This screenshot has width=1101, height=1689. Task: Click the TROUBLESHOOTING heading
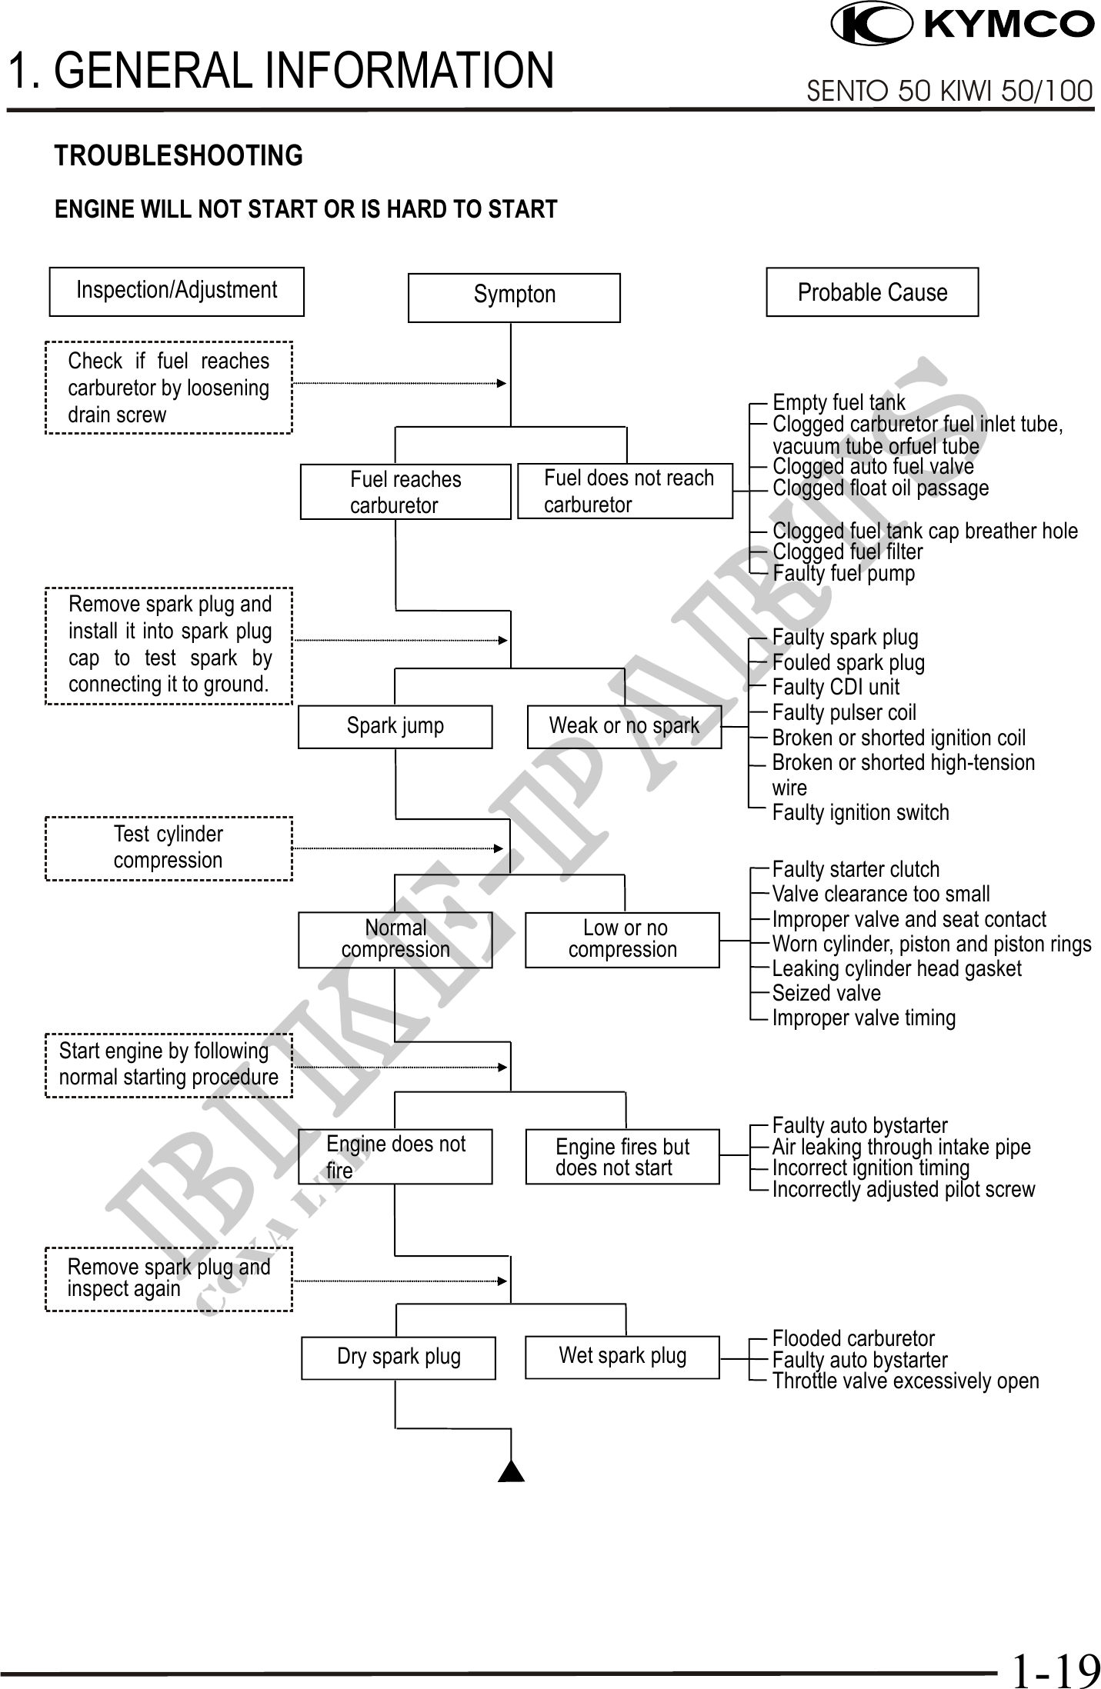click(x=178, y=156)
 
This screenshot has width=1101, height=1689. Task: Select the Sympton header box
click(x=514, y=298)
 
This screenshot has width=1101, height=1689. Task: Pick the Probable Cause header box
click(x=872, y=292)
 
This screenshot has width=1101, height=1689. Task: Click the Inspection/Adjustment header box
click(x=177, y=291)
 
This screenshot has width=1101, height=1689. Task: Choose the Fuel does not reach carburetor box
click(x=625, y=491)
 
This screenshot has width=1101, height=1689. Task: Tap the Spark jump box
click(x=395, y=727)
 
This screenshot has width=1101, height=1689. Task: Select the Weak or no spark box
click(x=624, y=727)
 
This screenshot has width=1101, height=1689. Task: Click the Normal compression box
click(x=395, y=940)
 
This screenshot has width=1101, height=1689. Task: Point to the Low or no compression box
click(x=622, y=940)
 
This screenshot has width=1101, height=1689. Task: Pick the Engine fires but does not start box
click(x=622, y=1156)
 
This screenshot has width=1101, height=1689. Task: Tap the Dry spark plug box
click(x=399, y=1358)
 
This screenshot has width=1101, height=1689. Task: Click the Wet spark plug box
click(x=622, y=1358)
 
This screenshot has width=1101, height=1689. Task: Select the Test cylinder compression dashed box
click(x=169, y=848)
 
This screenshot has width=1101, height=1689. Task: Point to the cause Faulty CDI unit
click(x=836, y=687)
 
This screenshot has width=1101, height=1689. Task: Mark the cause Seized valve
click(x=826, y=993)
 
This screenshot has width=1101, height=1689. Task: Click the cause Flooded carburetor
click(x=853, y=1338)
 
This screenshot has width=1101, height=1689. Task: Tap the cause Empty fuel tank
click(x=839, y=403)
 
